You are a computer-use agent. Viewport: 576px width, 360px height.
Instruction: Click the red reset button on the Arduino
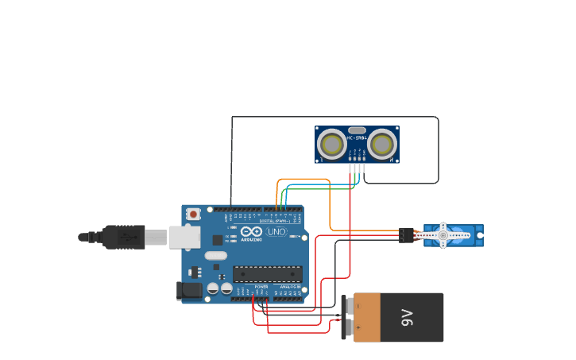[x=192, y=214]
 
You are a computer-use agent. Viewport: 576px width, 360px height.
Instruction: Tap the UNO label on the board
[x=276, y=232]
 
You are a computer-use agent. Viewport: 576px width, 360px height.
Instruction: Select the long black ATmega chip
[x=267, y=274]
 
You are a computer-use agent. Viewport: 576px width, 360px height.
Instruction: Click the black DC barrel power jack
[x=189, y=291]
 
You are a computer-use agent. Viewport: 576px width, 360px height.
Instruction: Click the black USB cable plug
[x=123, y=237]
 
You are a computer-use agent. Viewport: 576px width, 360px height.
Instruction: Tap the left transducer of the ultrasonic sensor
[x=332, y=144]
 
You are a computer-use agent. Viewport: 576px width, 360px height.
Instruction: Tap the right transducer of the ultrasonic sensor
[x=382, y=144]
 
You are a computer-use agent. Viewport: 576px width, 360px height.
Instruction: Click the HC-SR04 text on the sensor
[x=357, y=138]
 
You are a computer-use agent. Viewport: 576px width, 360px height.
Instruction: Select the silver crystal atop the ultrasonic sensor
[x=357, y=130]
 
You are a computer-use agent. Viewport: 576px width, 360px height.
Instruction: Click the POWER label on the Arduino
[x=261, y=287]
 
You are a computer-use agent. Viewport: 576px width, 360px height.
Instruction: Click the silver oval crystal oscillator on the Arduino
[x=215, y=256]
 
